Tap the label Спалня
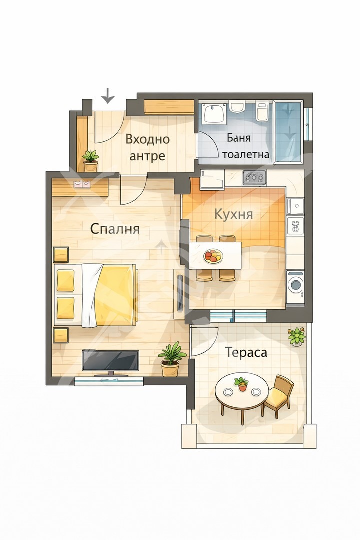coord(115,229)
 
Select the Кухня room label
coord(233,214)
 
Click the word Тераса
coord(246,352)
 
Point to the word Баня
coord(239,138)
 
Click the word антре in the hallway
coord(147,156)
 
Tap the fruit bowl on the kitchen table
coord(214,256)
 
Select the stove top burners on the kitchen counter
coord(254,176)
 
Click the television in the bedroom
coord(110,361)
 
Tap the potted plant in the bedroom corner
coord(171,358)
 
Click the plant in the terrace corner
coord(297,336)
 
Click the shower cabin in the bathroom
coord(288,131)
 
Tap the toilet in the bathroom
coord(261,112)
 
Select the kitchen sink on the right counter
coord(295,205)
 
